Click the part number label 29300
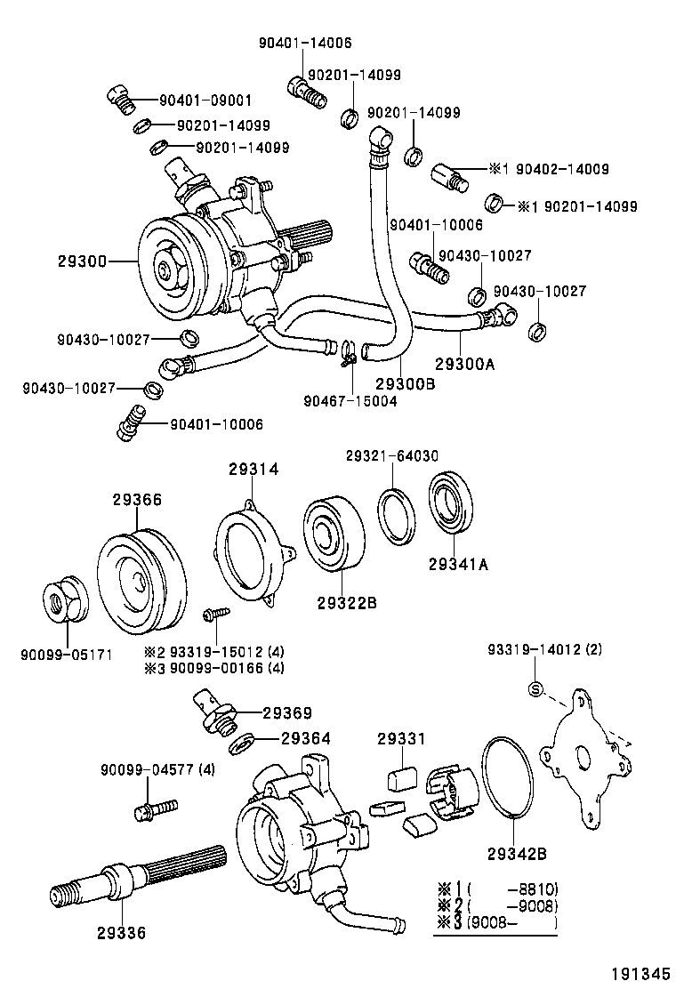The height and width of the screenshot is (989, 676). (83, 261)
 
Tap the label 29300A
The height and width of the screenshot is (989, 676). (464, 363)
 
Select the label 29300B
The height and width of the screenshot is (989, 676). (404, 382)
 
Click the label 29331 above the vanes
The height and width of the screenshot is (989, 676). (401, 738)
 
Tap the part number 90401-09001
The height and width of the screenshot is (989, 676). (205, 101)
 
